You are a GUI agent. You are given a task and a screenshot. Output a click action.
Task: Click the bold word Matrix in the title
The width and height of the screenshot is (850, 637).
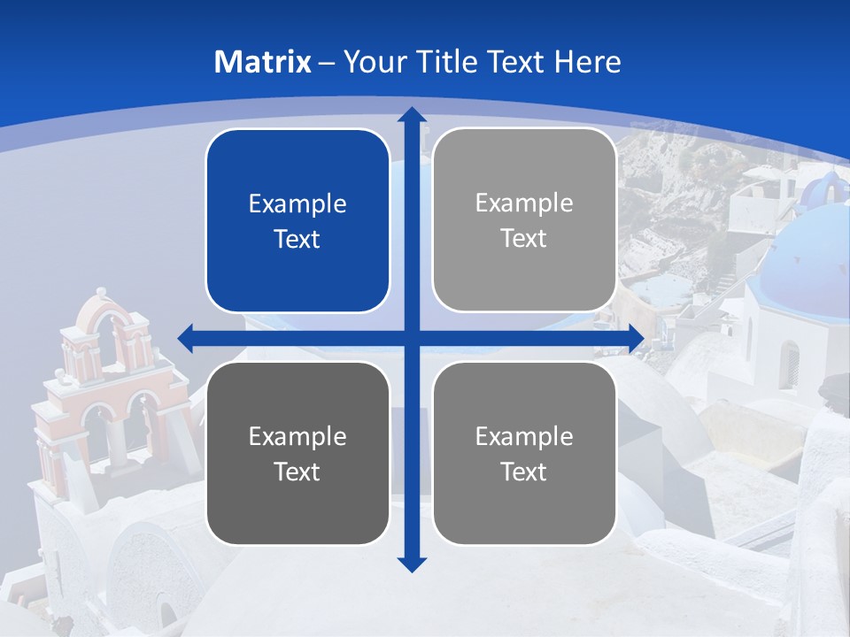pyautogui.click(x=263, y=62)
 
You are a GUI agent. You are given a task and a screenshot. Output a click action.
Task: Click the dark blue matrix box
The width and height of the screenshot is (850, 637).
pyautogui.click(x=297, y=221)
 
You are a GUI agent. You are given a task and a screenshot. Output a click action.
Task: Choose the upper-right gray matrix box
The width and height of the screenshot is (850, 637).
pyautogui.click(x=524, y=220)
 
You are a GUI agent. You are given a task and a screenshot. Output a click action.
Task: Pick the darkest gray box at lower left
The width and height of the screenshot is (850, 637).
pyautogui.click(x=297, y=453)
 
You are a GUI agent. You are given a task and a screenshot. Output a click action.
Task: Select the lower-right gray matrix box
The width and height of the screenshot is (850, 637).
pyautogui.click(x=524, y=453)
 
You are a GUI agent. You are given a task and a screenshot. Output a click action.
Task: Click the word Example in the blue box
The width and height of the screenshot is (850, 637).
pyautogui.click(x=297, y=204)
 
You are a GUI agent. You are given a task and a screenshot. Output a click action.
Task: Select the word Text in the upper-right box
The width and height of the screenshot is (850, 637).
pyautogui.click(x=524, y=239)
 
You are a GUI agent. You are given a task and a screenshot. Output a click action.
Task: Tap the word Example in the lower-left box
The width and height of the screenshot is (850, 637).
pyautogui.click(x=297, y=436)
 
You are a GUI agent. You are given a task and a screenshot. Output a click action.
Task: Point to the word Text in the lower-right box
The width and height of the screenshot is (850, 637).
pyautogui.click(x=524, y=472)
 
